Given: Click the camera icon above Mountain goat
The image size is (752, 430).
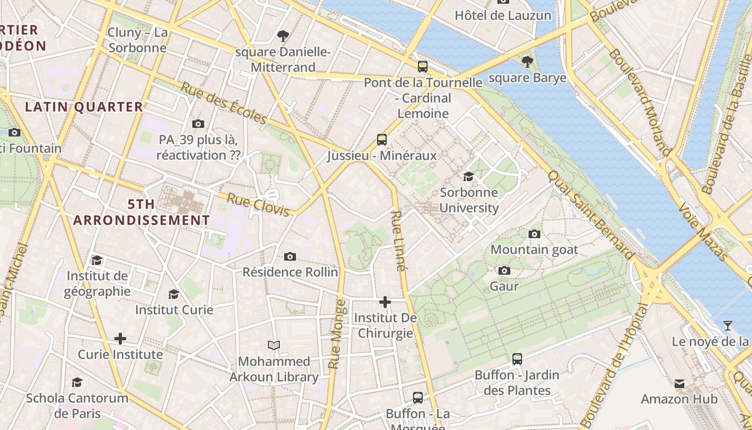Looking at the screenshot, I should click(534, 234).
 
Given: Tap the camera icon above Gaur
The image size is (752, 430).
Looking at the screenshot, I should click(504, 270).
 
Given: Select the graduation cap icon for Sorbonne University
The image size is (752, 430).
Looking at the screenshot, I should click(468, 176).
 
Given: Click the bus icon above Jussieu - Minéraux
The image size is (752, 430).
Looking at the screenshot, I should click(381, 140).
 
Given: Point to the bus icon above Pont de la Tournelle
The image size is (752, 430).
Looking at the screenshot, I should click(423, 67).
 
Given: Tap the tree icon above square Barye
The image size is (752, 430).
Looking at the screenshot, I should click(527, 62).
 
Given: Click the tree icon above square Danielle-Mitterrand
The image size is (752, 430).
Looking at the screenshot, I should click(283, 36).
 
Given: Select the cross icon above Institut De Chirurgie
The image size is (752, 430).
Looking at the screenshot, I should click(385, 302).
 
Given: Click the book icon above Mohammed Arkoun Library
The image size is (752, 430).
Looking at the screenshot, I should click(274, 345).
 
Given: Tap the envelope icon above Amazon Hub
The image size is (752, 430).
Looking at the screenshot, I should click(679, 383).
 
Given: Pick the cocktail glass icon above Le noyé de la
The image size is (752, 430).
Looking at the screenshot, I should click(727, 325).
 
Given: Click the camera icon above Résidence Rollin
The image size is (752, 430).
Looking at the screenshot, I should click(290, 256).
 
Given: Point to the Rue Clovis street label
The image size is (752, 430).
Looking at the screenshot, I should click(258, 204).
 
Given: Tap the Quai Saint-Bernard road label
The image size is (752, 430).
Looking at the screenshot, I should click(591, 215).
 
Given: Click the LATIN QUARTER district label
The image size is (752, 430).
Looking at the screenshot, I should click(84, 106).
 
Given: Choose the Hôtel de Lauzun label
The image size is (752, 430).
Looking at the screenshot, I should click(503, 16).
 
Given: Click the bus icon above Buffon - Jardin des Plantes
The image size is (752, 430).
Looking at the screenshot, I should click(517, 359).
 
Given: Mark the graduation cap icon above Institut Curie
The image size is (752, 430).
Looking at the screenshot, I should click(173, 294).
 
